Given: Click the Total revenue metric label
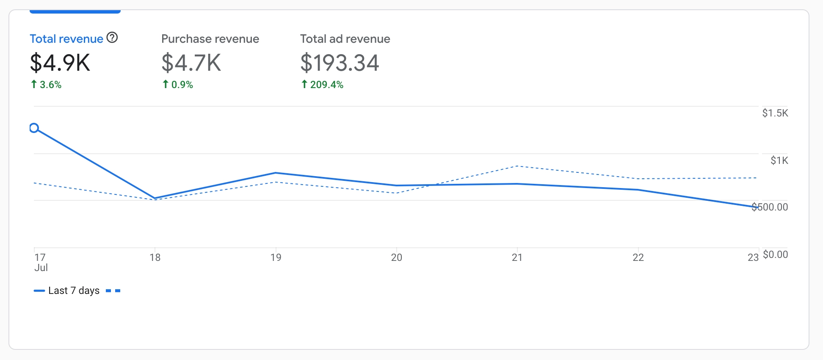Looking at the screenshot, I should pos(66,39).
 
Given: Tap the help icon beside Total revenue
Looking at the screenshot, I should pos(112,38).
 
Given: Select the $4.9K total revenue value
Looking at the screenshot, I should pos(60,63).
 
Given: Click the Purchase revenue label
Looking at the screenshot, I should pos(210,39).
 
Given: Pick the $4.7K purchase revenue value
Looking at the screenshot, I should pos(191,63).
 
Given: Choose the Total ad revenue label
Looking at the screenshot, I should pos(345,39).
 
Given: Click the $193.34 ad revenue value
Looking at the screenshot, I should pos(340,63).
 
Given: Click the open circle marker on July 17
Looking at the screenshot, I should pos(34,128).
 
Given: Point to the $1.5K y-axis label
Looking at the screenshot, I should pos(775,113).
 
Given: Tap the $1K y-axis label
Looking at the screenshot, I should pos(779,161).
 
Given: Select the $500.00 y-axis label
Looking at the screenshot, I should pos(770,207).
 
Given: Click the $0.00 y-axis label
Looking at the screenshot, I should pos(775,255).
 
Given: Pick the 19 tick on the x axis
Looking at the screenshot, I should pos(276,258).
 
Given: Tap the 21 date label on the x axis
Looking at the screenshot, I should pos(517,258).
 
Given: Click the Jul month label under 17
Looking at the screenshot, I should pos(41,268).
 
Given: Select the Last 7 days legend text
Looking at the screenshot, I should pos(74,291).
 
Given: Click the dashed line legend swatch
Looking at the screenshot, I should pos(113,291).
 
